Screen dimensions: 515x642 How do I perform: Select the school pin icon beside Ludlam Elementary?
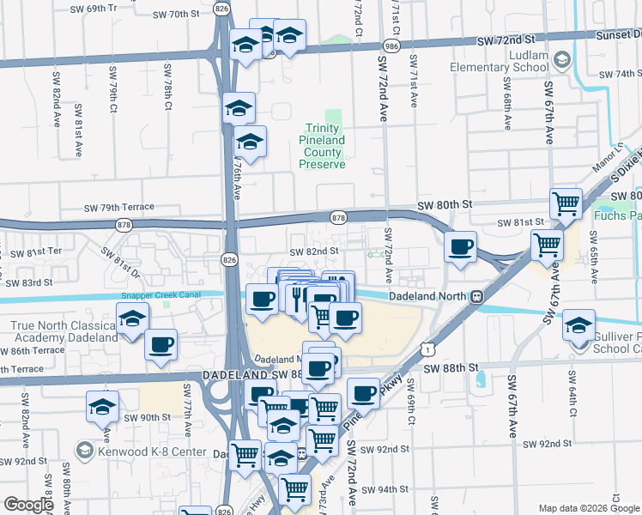click(562, 59)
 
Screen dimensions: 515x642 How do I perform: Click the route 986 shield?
click(391, 44)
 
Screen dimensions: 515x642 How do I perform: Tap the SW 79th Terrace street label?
click(118, 207)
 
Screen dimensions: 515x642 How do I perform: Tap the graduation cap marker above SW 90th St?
click(103, 406)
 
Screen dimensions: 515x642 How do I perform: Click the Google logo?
click(28, 505)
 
